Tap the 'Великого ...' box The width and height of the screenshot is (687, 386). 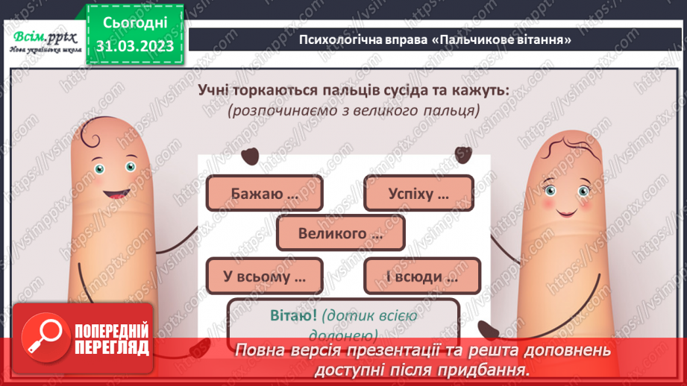point(340,233)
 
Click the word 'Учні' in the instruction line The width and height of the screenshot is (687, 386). point(216,90)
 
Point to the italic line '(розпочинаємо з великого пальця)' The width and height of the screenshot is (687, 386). point(353,110)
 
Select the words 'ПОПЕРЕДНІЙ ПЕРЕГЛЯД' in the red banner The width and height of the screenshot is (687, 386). point(110,339)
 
